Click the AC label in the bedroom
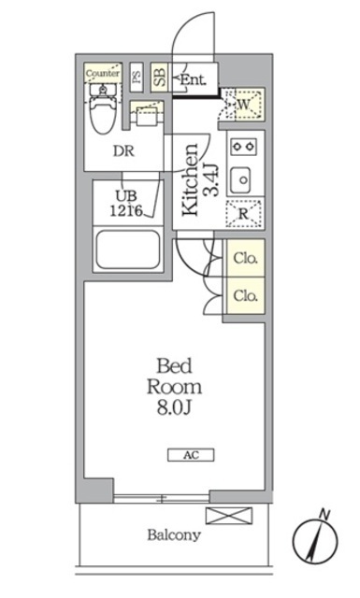pos(191,455)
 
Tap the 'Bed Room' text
pos(179,375)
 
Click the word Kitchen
pos(190,180)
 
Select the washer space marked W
pos(243,105)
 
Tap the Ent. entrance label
pos(194,79)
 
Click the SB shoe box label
pos(159,77)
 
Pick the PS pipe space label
pos(137,77)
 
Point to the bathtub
pos(129,250)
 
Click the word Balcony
pos(173,535)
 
